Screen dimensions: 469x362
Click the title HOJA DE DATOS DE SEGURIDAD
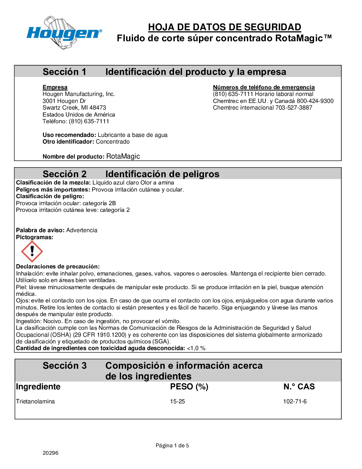coord(225,27)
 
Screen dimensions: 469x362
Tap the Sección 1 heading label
coord(64,72)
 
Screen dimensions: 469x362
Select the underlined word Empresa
coord(55,87)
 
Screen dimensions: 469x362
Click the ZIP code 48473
coord(98,108)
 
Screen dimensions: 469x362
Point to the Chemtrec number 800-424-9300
coord(315,101)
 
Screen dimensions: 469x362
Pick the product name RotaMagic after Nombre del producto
coord(123,156)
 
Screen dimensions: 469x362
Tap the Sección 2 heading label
coord(65,174)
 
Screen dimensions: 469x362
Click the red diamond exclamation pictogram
coord(32,251)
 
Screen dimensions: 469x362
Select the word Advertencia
coord(82,230)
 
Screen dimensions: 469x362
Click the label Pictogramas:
coord(35,237)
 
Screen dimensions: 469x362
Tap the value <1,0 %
coord(196,348)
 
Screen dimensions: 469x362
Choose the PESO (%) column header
coord(189,387)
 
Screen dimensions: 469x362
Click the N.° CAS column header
coord(299,387)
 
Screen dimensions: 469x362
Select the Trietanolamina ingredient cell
coord(35,401)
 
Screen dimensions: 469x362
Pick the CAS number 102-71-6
coord(295,401)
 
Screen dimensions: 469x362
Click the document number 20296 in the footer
coord(51,453)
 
